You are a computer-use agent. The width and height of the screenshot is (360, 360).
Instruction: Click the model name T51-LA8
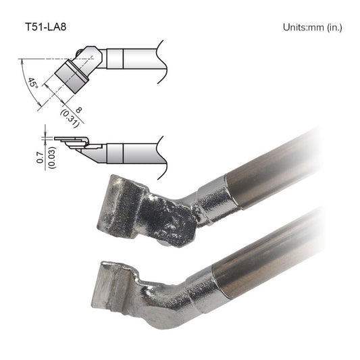46,27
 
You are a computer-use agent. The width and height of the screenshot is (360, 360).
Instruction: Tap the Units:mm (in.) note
313,27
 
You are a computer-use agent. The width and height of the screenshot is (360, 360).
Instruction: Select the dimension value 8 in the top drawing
78,110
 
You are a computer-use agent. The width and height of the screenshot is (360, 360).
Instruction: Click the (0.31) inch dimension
70,118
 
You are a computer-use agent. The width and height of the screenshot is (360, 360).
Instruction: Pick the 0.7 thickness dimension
40,157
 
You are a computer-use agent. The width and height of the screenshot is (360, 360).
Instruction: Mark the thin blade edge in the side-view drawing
68,138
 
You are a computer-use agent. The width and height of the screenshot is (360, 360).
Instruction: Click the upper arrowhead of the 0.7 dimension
45,134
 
